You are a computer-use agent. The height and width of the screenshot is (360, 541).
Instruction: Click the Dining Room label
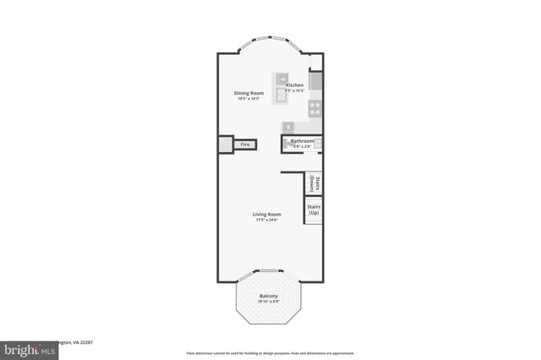point(249,93)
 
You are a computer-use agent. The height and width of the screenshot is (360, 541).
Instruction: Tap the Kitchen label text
point(294,85)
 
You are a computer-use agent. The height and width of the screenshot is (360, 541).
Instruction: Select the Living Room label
point(266,214)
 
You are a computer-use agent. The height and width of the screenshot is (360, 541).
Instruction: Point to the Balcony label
point(269,296)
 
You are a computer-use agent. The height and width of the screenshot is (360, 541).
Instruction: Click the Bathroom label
point(302,141)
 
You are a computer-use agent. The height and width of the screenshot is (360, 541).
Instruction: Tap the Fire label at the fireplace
point(245,145)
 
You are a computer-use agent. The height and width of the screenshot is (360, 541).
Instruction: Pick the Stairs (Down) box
point(314,183)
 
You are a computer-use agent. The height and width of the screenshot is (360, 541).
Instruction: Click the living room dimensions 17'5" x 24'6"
point(266,221)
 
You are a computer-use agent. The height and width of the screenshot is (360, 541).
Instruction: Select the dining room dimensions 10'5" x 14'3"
point(249,100)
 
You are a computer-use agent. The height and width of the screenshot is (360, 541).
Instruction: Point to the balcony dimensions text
point(269,302)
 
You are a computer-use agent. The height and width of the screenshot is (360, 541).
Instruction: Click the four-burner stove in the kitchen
point(315,107)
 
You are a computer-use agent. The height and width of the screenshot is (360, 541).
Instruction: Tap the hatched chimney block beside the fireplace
point(226,145)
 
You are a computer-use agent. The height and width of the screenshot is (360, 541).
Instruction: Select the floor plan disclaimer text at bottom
point(270,352)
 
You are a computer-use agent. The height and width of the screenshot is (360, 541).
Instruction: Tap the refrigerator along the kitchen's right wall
point(316,81)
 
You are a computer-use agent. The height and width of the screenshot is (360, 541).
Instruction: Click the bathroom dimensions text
point(302,147)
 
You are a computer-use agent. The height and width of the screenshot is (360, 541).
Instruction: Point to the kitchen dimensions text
point(294,91)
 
